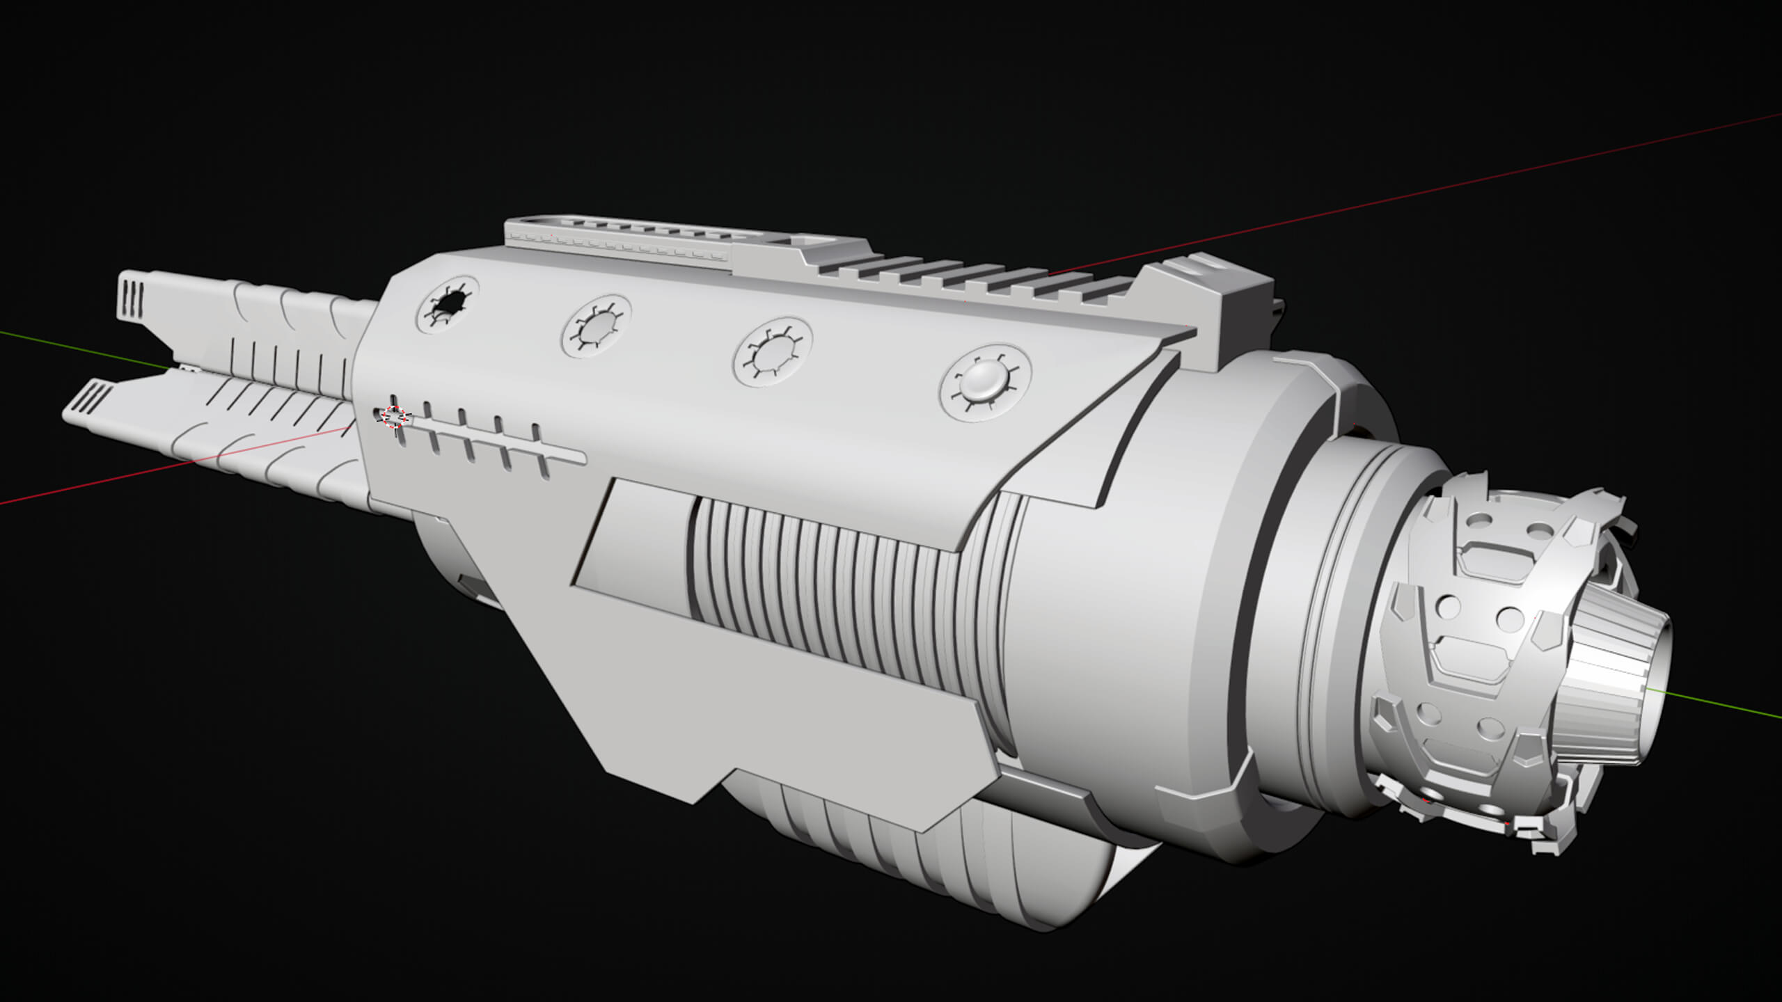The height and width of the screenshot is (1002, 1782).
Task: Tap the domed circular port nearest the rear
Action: [984, 382]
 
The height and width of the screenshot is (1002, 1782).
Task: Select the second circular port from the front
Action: [597, 326]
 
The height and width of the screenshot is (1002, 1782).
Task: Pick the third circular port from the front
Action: [772, 352]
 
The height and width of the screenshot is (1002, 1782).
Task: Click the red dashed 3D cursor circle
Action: [394, 416]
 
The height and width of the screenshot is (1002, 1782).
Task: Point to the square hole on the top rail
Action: [807, 240]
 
